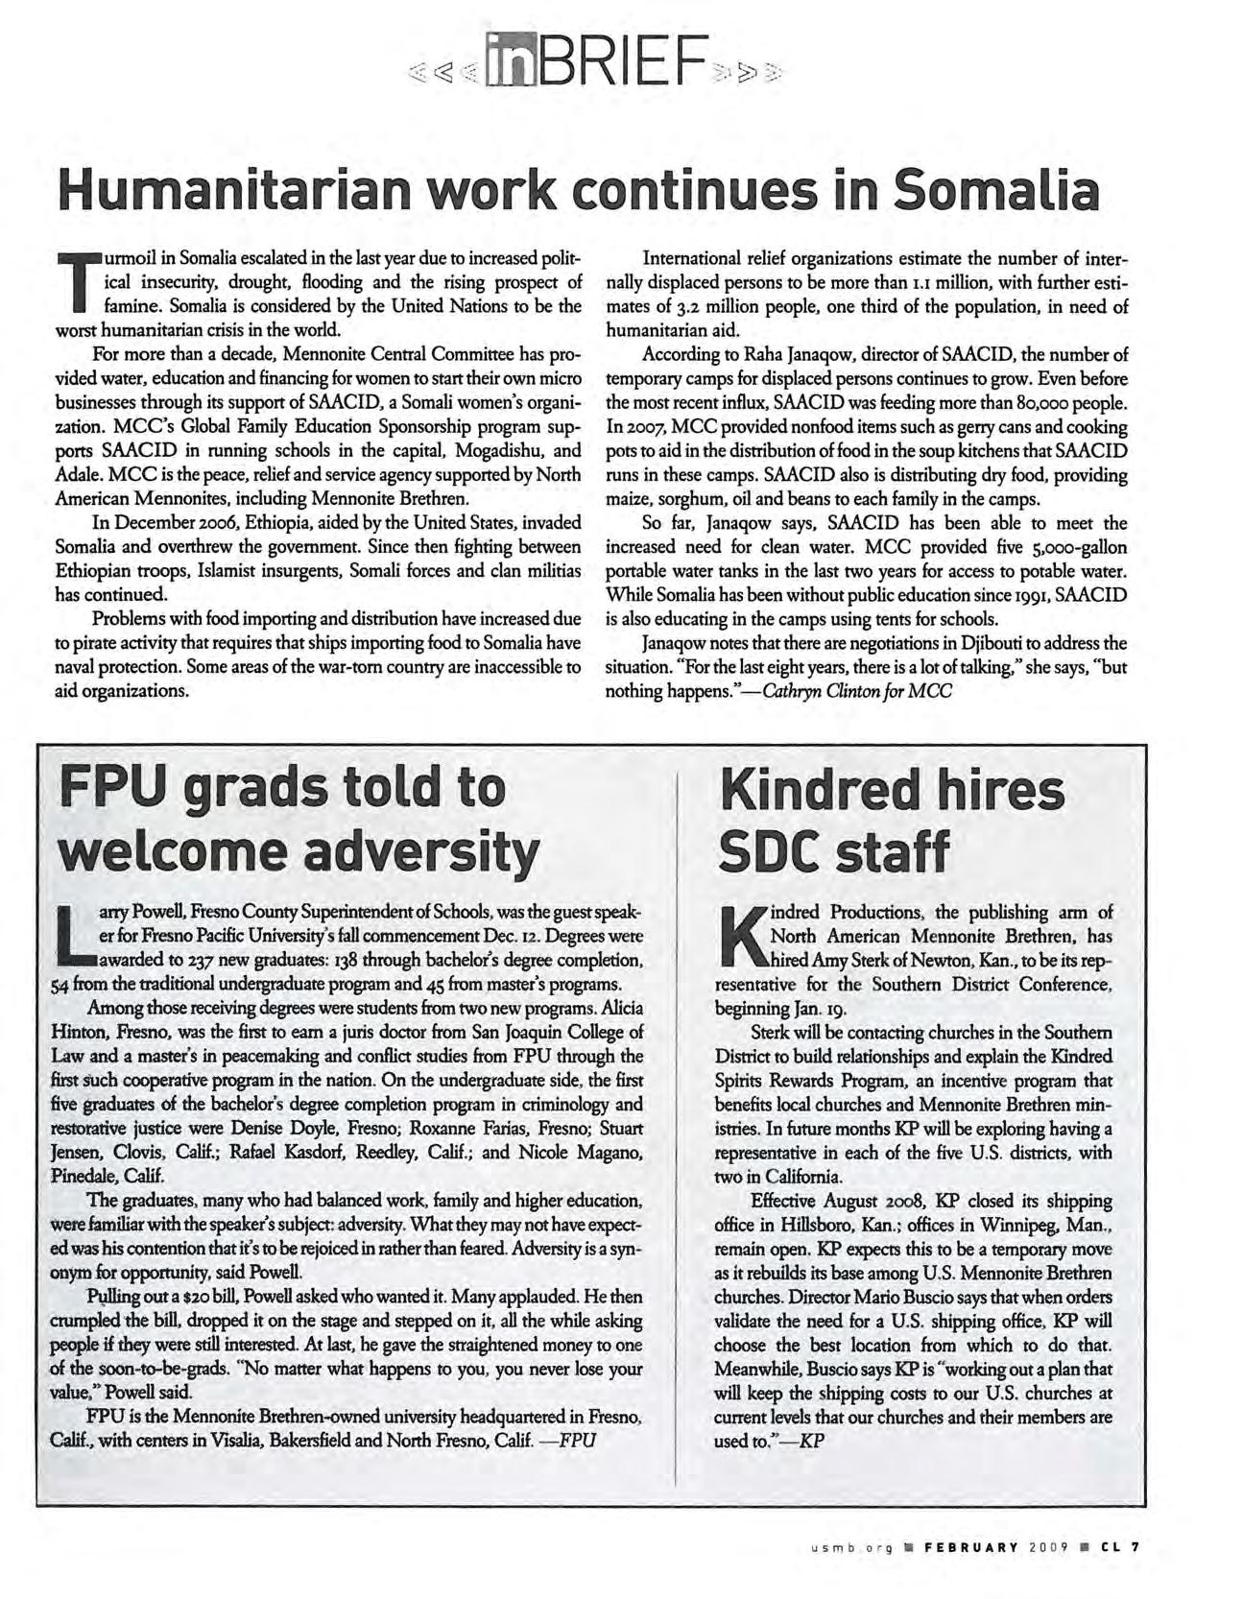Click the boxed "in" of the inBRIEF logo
coord(514,60)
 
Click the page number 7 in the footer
coord(1135,1546)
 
